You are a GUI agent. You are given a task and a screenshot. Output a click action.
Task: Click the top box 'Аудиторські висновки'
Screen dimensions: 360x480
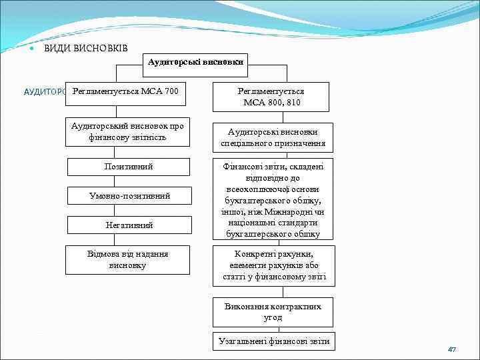195,62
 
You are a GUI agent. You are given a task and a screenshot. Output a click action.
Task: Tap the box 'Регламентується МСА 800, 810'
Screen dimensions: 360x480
271,97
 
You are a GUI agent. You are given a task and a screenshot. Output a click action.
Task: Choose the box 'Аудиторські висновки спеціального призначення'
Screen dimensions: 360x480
273,137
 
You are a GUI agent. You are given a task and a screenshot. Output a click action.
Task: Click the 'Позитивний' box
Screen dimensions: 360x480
129,166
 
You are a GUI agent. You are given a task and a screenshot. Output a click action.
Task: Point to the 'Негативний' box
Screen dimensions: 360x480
129,225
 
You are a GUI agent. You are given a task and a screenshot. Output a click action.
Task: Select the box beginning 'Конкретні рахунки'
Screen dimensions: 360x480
273,265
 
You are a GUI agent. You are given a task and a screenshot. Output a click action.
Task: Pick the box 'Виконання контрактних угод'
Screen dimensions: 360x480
273,311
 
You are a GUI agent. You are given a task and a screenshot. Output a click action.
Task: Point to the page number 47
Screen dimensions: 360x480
452,349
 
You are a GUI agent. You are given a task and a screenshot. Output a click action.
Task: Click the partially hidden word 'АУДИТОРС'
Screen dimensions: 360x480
44,92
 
